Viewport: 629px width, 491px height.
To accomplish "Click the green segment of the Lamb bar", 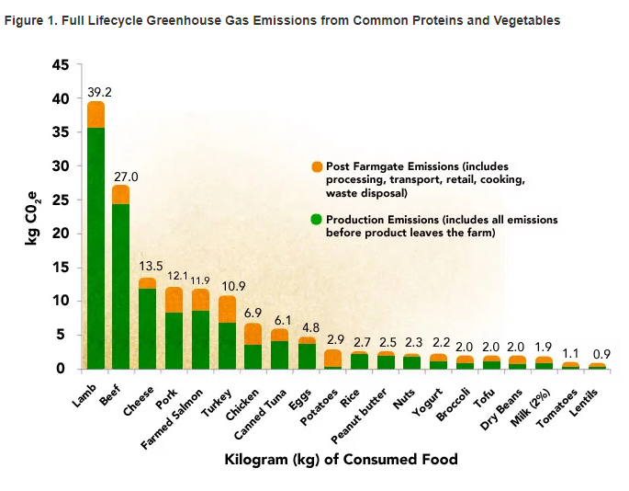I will [95, 248].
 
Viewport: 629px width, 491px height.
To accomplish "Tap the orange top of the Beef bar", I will [121, 194].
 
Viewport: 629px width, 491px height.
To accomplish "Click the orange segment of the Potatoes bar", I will [333, 358].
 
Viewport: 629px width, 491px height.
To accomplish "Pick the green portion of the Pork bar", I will [174, 340].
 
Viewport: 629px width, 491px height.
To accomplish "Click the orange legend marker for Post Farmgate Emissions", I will [317, 166].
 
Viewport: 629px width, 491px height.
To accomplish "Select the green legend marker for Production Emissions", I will [317, 220].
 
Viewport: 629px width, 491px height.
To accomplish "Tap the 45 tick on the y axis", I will [60, 65].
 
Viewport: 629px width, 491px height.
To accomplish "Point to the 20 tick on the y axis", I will [60, 234].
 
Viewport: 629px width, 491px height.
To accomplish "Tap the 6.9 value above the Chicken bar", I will [253, 314].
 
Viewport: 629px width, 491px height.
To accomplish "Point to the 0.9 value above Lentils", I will [598, 354].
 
